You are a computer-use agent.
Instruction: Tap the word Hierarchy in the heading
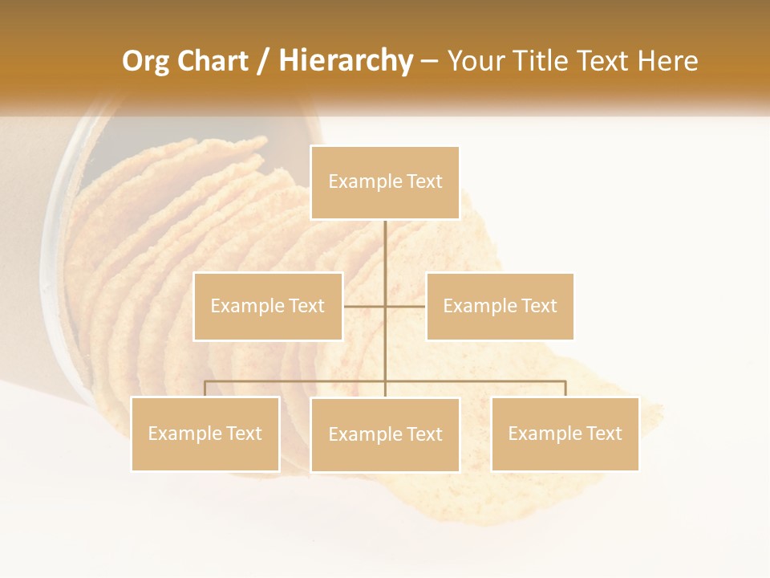click(345, 61)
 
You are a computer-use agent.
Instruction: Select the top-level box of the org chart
click(385, 183)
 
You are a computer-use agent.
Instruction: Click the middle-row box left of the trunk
click(268, 307)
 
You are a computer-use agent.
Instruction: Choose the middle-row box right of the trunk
click(500, 307)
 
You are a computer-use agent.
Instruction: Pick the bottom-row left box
click(205, 433)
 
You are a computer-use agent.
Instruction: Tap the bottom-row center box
click(385, 434)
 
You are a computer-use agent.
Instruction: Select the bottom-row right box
click(565, 433)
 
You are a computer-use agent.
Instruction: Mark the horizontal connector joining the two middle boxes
click(365, 306)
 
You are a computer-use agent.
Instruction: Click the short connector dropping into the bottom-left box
click(205, 389)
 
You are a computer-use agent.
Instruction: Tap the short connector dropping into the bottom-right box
click(565, 389)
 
